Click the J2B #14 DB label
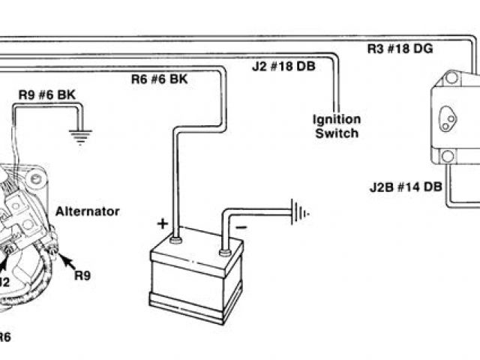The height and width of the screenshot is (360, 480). coord(406,186)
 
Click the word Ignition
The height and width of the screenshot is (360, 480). coord(337,120)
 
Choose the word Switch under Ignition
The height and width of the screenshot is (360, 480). coord(337,133)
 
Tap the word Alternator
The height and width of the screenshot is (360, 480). coord(88,211)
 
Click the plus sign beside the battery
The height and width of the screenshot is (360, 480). coord(162,223)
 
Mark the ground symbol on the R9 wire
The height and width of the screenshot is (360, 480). coord(79,136)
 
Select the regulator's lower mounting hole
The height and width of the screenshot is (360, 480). coord(448,157)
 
